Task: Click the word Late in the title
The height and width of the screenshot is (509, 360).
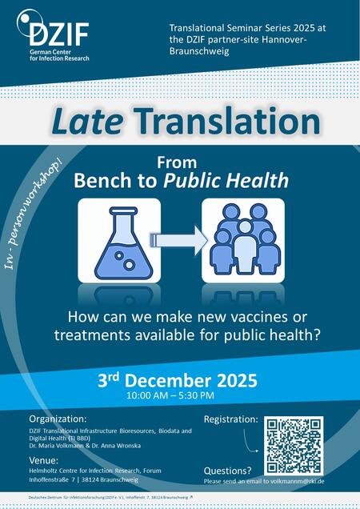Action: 88,121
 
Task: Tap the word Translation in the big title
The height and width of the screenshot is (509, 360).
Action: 225,121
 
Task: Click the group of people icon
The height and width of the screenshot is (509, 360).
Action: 242,240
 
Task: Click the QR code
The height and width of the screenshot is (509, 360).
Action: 294,446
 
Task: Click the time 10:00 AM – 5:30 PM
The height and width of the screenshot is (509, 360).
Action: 170,395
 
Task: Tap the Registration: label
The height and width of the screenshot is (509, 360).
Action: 231,419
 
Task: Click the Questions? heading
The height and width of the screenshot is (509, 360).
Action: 228,471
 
